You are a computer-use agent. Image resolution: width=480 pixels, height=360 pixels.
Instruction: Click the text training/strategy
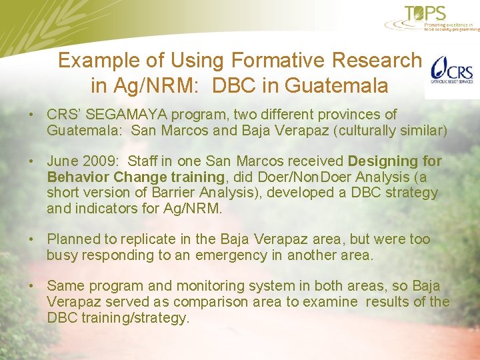tap(133, 318)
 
